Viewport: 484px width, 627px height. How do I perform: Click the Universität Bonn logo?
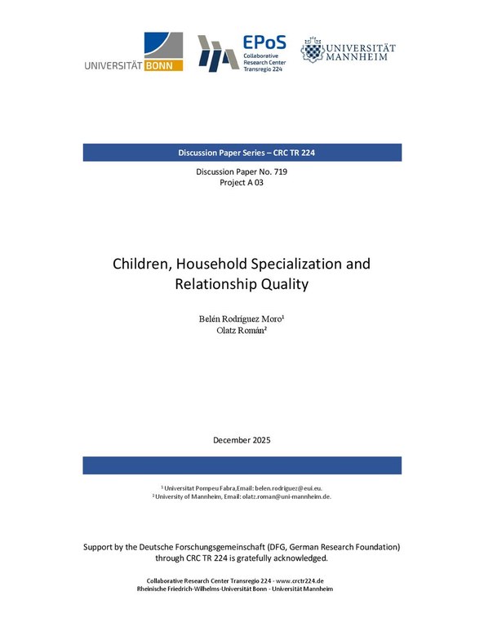click(x=134, y=52)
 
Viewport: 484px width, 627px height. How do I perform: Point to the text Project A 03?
click(x=242, y=183)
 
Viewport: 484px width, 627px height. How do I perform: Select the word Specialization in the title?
click(x=297, y=265)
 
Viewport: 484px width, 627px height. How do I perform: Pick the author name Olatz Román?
click(x=242, y=331)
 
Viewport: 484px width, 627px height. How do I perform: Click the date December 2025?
click(x=242, y=440)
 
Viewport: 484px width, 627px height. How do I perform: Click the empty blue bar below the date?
click(x=242, y=465)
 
